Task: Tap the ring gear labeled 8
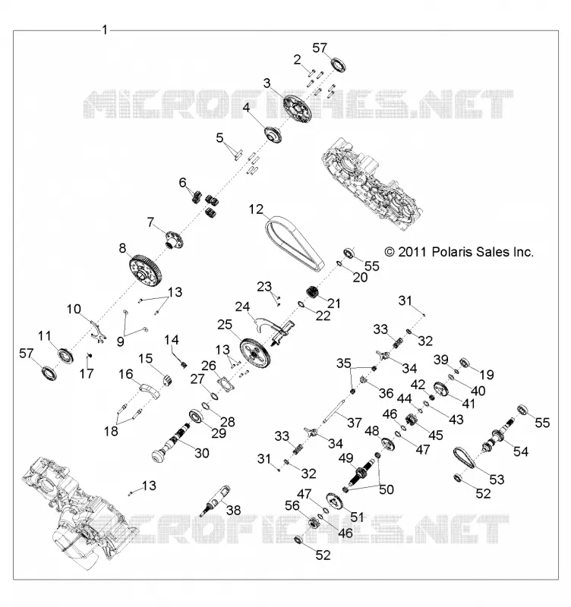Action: (145, 269)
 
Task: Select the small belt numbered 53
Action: (465, 459)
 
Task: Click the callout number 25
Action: (225, 325)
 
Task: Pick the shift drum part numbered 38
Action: (216, 501)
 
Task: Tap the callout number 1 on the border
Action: (105, 30)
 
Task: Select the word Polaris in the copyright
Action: (451, 252)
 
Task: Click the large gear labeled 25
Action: (255, 353)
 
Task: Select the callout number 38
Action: (234, 511)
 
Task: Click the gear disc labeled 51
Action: (336, 502)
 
